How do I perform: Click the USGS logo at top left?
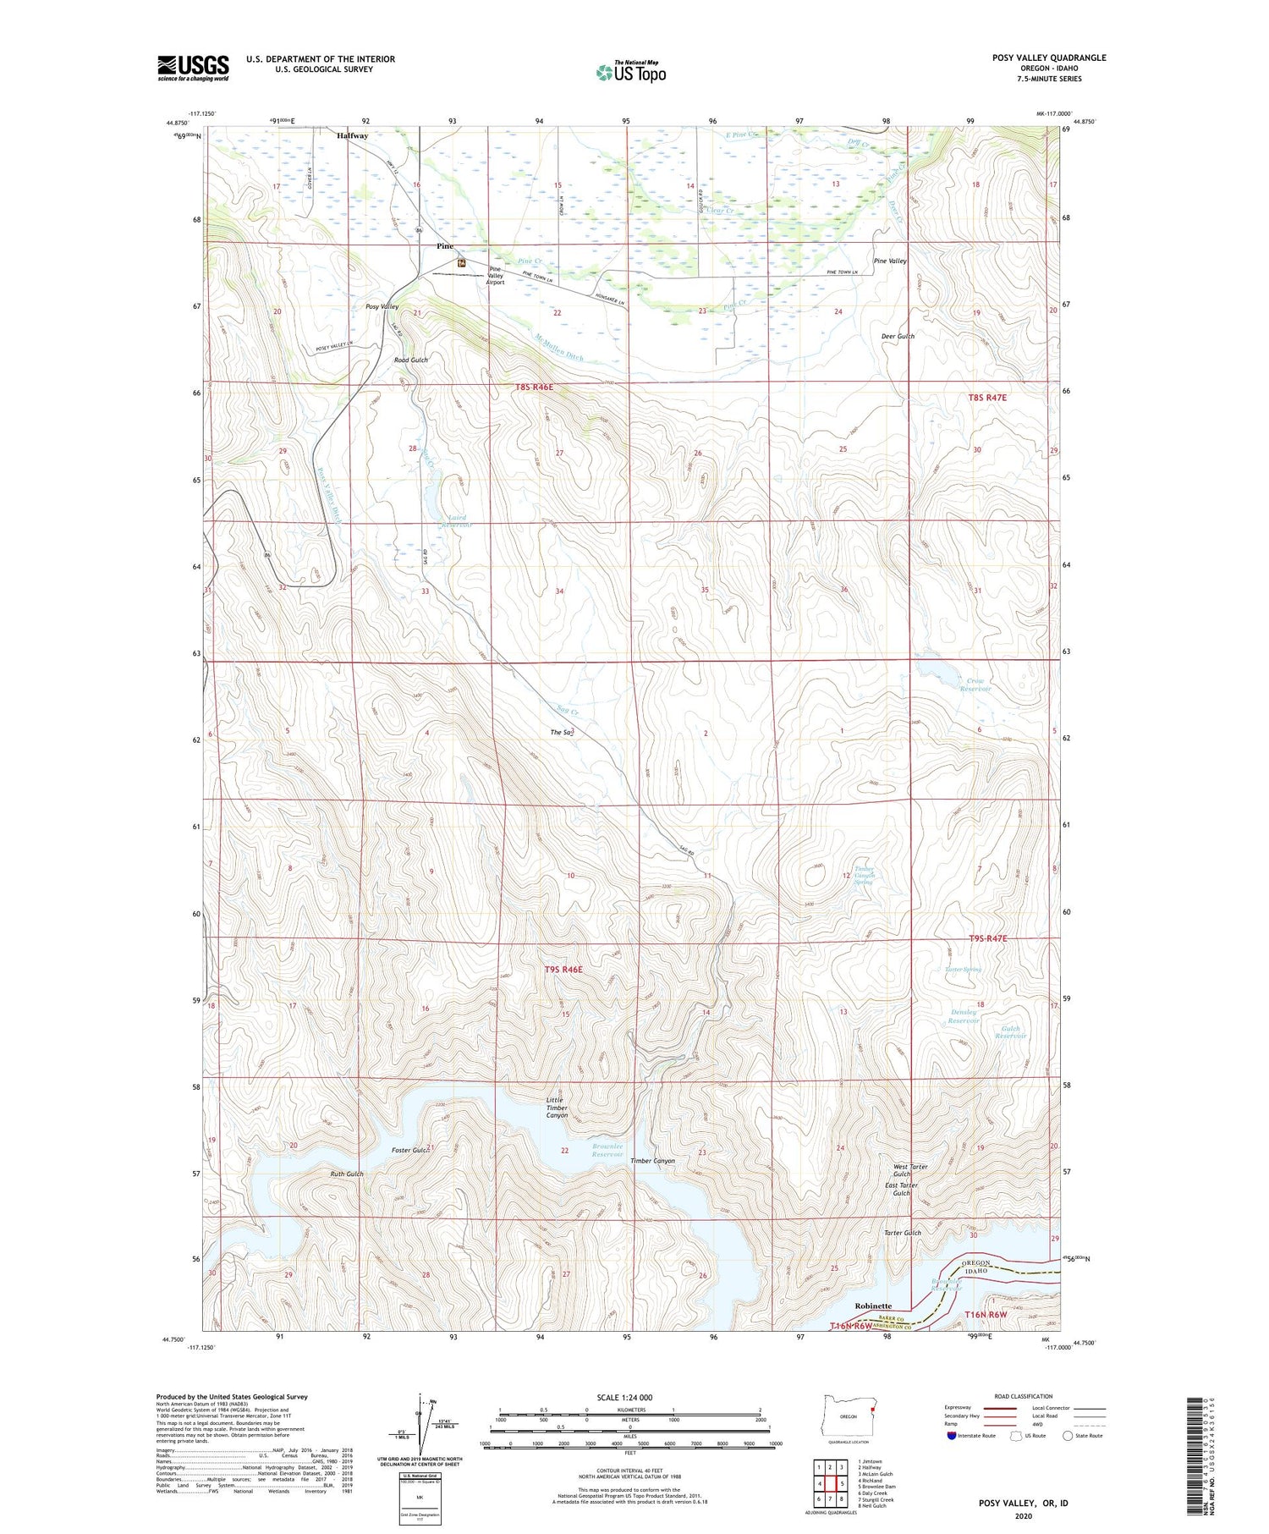(x=193, y=68)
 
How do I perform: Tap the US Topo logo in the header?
(x=630, y=72)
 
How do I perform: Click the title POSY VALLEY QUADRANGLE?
(x=1049, y=58)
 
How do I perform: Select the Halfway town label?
(x=352, y=135)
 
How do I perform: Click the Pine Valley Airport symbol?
(x=461, y=264)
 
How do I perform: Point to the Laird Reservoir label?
(x=456, y=521)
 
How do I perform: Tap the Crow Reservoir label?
(x=975, y=685)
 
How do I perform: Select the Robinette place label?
(x=873, y=1306)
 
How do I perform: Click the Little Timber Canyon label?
(x=557, y=1108)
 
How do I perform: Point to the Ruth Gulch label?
(x=347, y=1174)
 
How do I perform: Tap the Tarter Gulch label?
(x=902, y=1233)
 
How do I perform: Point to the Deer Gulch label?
(x=898, y=336)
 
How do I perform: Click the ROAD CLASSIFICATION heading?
(x=1024, y=1396)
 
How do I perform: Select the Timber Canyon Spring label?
(x=863, y=875)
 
